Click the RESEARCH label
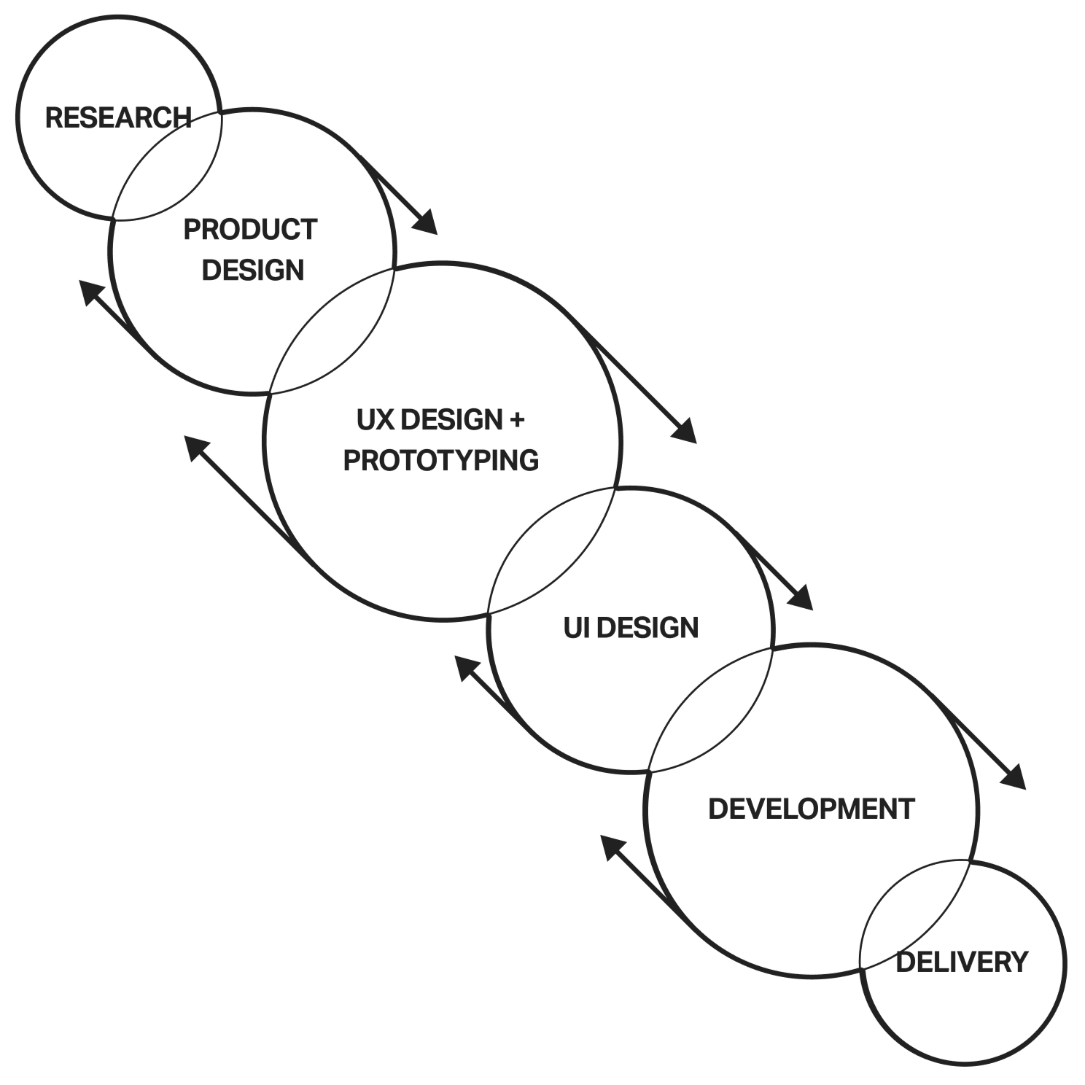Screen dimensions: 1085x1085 (x=117, y=117)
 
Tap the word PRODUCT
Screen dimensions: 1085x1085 (x=249, y=230)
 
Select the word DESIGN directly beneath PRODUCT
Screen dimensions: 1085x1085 (x=252, y=270)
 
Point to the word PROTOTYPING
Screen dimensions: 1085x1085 (x=440, y=460)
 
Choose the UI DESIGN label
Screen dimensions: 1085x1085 (x=630, y=627)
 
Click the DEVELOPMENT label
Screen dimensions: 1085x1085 (x=811, y=808)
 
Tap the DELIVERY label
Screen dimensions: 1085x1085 (x=961, y=962)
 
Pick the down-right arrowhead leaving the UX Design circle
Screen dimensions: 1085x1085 (x=685, y=432)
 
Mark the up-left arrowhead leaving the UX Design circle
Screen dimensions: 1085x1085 (x=195, y=446)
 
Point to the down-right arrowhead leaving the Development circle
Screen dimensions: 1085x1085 (x=1014, y=778)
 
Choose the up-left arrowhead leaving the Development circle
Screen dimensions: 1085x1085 (x=612, y=847)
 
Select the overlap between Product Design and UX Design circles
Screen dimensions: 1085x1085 (x=332, y=332)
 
